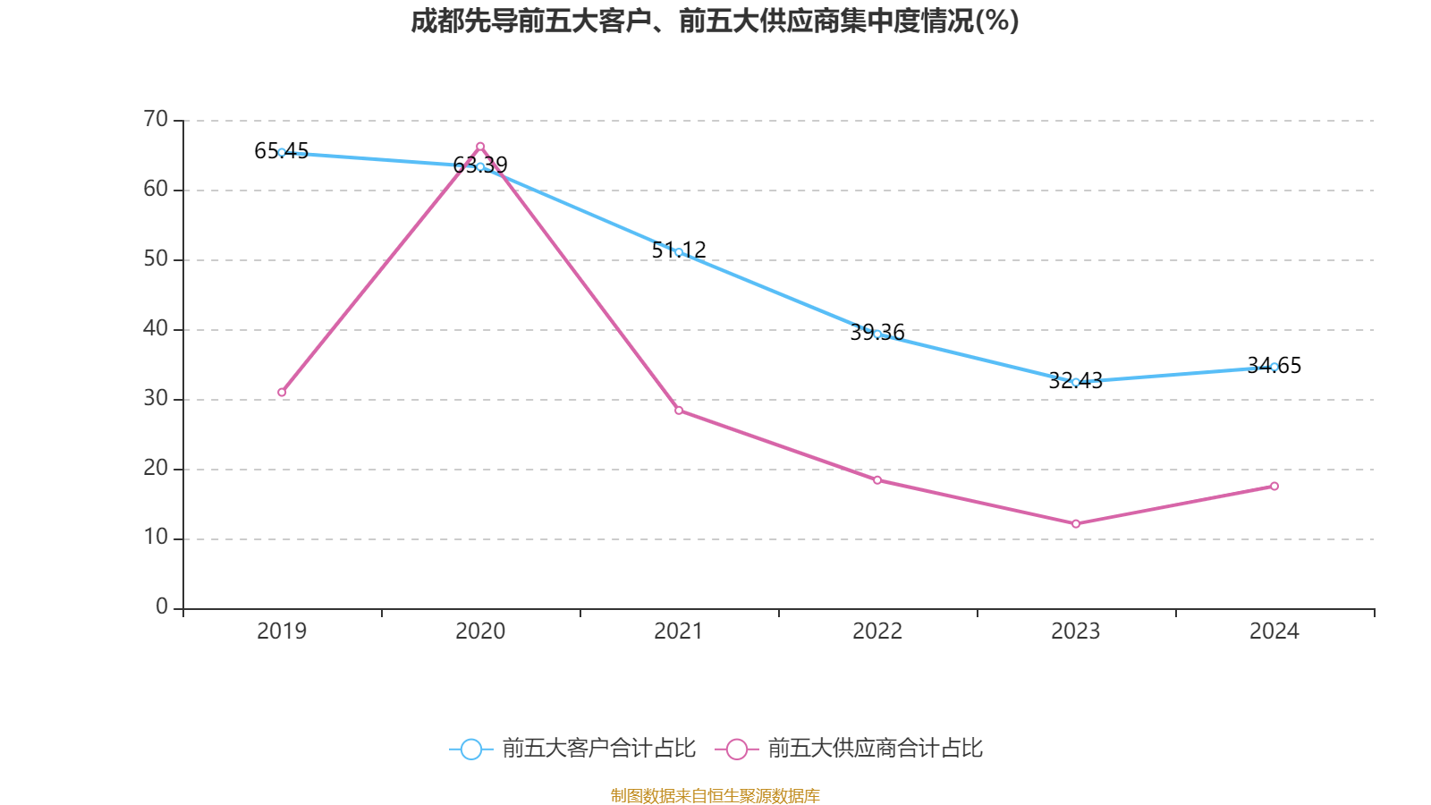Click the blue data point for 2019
coord(282,152)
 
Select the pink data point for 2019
coord(282,393)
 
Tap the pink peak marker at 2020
coord(480,146)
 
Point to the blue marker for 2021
coord(679,252)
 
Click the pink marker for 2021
coord(679,411)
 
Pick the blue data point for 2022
coord(877,334)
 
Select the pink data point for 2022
coord(877,480)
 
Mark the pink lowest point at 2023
coord(1076,524)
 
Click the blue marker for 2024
coord(1274,367)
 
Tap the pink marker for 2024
coord(1274,487)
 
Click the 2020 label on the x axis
coord(480,631)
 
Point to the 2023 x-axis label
coord(1076,631)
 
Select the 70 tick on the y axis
coord(156,120)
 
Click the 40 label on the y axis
coord(156,329)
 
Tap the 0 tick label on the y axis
coord(162,607)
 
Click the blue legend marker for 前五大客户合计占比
coord(470,750)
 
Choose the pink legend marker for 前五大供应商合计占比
coord(736,750)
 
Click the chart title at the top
coord(715,21)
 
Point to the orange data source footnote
coord(715,795)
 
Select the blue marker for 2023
coord(1076,382)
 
